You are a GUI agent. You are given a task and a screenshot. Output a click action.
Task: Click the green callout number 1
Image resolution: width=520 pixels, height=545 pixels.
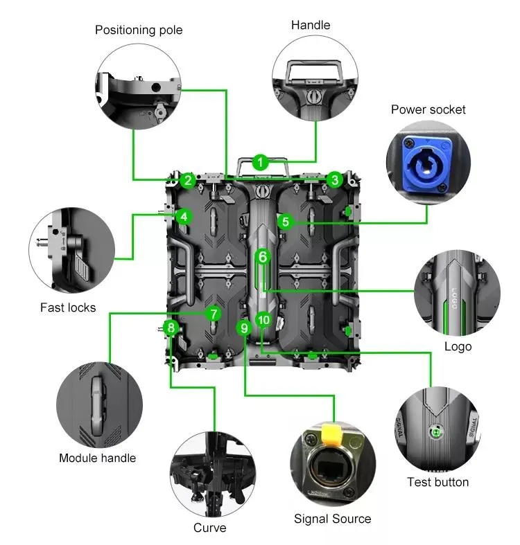(260, 162)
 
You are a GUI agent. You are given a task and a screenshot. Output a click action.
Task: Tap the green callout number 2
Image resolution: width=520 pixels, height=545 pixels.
(188, 180)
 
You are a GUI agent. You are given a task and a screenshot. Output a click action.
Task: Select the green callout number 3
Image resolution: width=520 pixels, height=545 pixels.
(335, 179)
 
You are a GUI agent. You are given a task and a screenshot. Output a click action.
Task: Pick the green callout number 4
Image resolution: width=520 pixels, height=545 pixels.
(184, 217)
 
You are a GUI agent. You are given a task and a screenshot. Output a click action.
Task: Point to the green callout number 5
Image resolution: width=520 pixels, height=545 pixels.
(286, 222)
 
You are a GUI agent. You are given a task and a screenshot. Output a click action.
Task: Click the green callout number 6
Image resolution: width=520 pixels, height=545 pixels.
(263, 257)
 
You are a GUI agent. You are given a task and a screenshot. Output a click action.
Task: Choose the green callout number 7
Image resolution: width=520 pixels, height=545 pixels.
(214, 314)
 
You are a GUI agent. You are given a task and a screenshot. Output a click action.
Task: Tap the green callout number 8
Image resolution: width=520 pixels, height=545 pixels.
(171, 328)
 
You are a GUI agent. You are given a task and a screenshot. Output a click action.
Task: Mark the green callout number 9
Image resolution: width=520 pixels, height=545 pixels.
(244, 328)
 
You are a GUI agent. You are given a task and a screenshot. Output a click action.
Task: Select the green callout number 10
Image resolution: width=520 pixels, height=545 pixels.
(263, 320)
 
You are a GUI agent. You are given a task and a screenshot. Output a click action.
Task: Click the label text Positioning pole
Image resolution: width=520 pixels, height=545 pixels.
(139, 30)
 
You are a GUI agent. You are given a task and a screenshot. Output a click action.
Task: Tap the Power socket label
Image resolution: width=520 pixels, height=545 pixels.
(428, 109)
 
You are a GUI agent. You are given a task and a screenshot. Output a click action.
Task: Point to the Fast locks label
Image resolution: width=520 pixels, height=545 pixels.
(68, 307)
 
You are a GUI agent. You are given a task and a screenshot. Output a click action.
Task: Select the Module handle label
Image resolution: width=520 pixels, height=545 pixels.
(98, 458)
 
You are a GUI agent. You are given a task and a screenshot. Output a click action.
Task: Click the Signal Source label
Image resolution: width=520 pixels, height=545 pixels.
(332, 519)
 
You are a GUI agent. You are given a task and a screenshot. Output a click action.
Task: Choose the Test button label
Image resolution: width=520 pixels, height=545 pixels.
(438, 482)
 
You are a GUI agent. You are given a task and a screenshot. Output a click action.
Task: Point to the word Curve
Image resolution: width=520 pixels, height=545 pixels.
(210, 528)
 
